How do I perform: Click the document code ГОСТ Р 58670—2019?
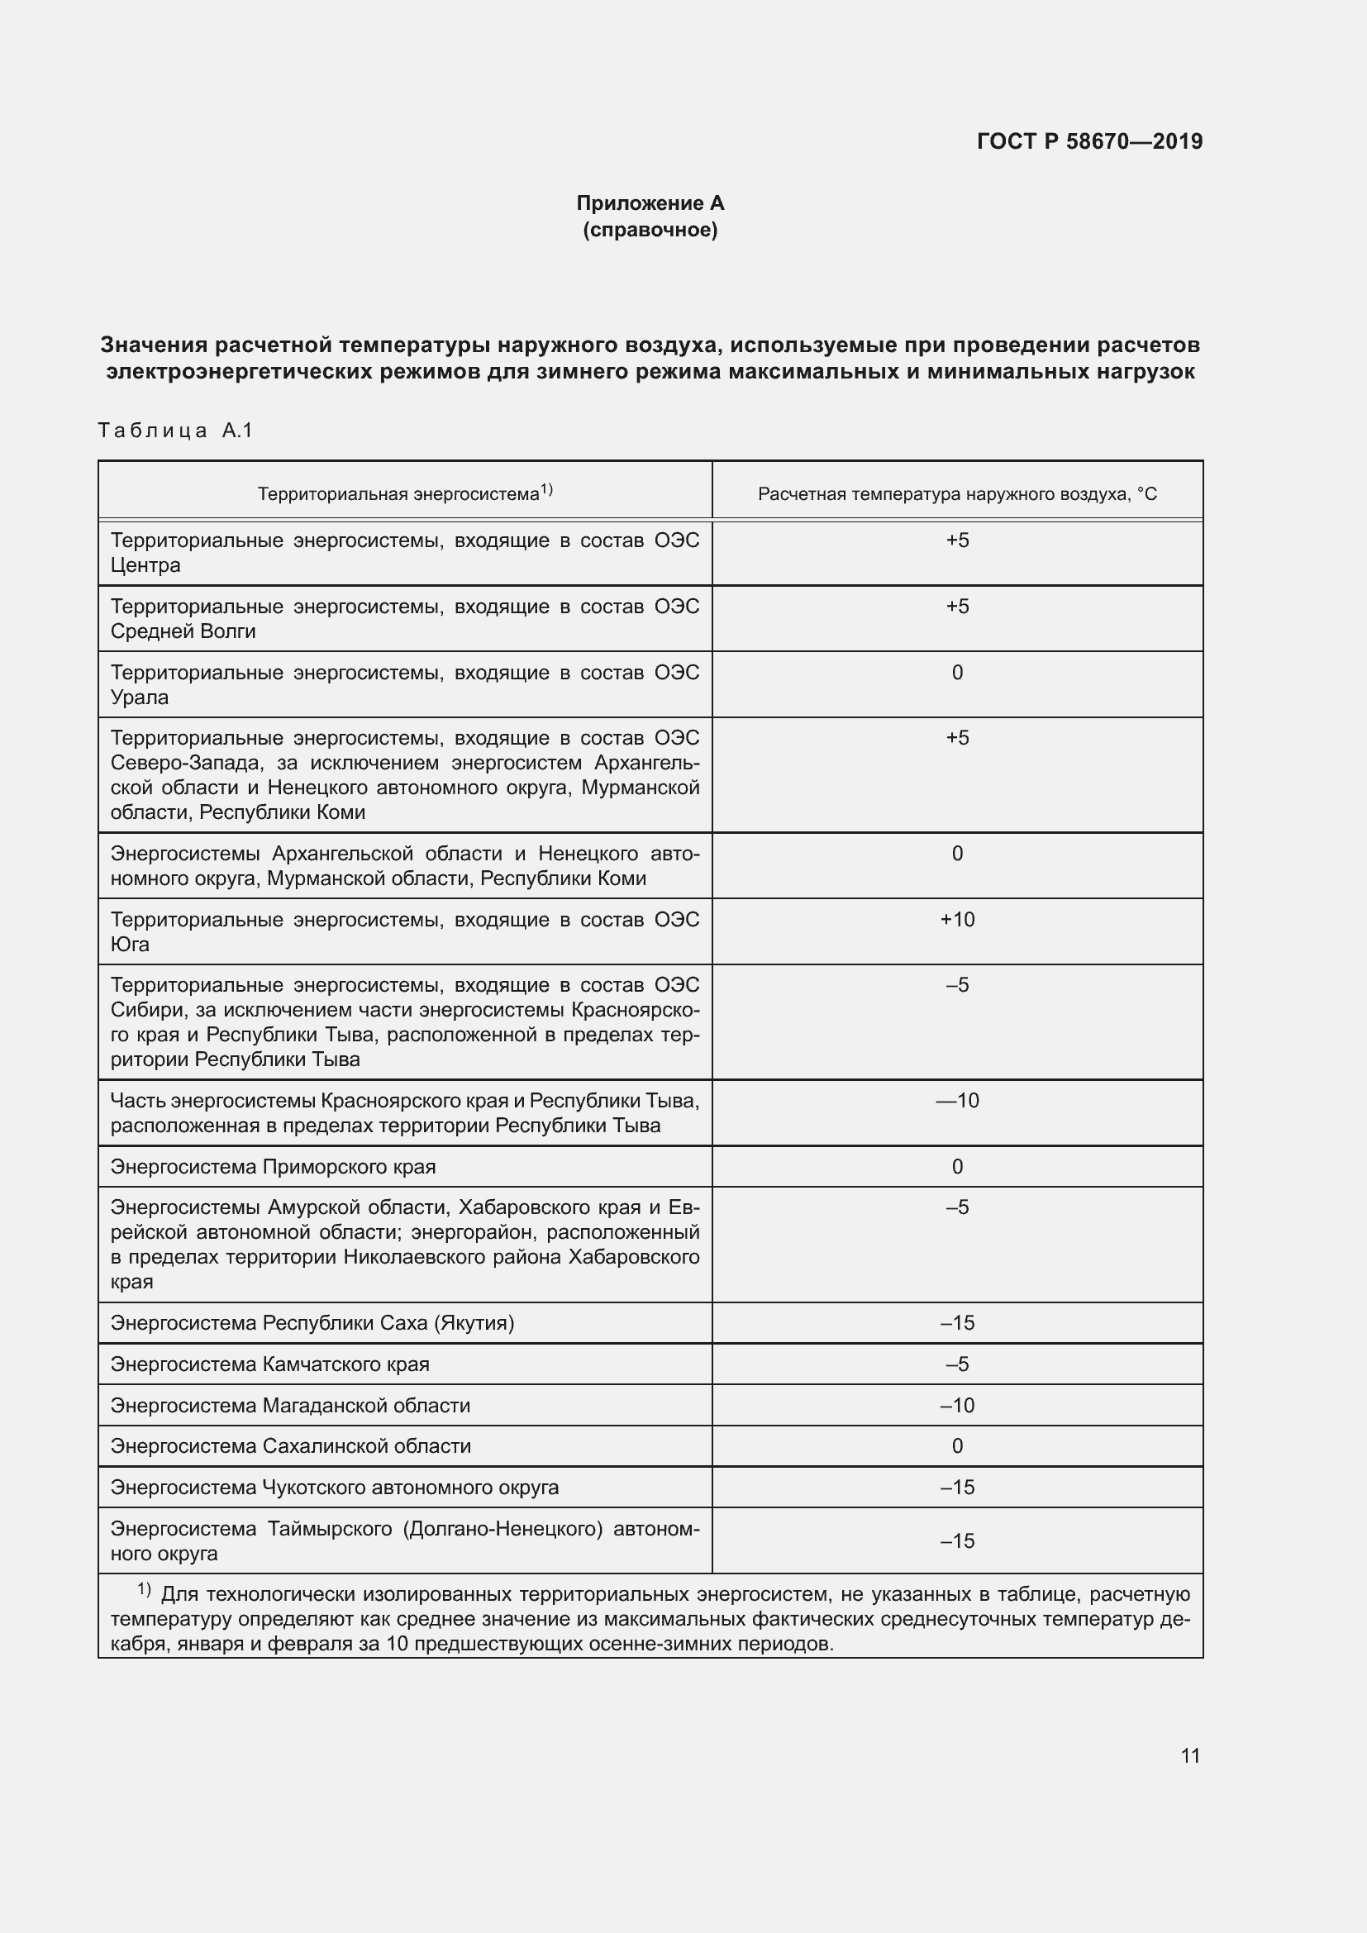coord(1089,141)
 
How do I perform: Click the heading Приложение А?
coord(650,203)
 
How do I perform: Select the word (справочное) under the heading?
coord(650,230)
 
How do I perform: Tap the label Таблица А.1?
coord(175,431)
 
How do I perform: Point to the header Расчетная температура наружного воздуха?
coord(957,494)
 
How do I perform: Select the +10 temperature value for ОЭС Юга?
coord(957,919)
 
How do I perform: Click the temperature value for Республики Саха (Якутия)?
coord(957,1322)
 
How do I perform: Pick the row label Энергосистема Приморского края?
coord(273,1167)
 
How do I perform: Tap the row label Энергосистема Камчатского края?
coord(269,1364)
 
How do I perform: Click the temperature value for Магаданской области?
coord(957,1405)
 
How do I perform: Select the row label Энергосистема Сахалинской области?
coord(290,1445)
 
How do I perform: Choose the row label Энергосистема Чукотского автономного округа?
coord(334,1487)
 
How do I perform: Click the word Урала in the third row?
coord(140,697)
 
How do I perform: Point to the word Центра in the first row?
coord(145,565)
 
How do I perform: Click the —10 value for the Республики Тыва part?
coord(957,1101)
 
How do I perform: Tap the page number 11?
coord(1189,1756)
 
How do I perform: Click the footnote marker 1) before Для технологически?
coord(144,1589)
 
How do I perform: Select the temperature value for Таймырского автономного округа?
coord(957,1540)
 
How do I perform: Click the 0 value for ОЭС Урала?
coord(957,673)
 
